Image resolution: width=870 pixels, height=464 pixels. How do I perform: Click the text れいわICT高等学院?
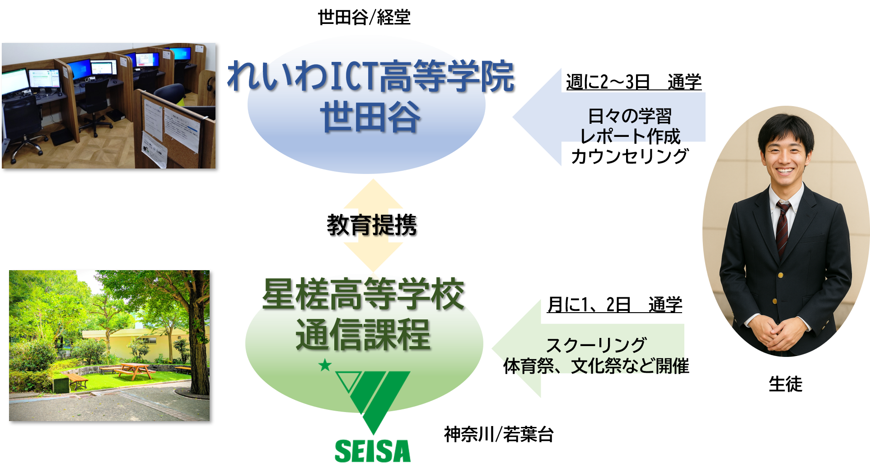point(370,76)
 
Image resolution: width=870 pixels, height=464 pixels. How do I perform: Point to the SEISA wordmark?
point(372,451)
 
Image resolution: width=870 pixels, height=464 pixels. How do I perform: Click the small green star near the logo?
point(325,365)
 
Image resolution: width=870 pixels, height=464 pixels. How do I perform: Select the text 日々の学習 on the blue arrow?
point(630,116)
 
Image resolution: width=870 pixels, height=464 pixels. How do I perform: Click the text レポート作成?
point(630,135)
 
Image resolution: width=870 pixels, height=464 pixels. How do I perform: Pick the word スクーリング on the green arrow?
point(596,346)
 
